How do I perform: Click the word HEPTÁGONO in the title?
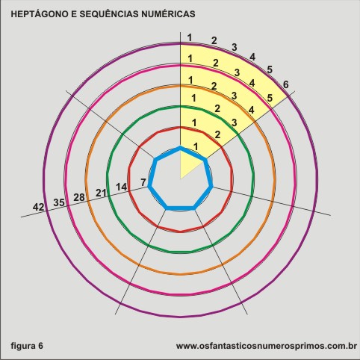pyautogui.click(x=40, y=14)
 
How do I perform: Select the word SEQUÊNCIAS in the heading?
pyautogui.click(x=109, y=14)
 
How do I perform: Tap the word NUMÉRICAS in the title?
pyautogui.click(x=168, y=14)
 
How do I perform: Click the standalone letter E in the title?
pyautogui.click(x=74, y=14)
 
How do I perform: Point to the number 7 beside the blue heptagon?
pyautogui.click(x=143, y=182)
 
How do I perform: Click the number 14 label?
pyautogui.click(x=121, y=187)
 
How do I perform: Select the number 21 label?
pyautogui.click(x=101, y=193)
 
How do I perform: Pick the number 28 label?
pyautogui.click(x=79, y=197)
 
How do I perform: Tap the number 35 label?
pyautogui.click(x=59, y=202)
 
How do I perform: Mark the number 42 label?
pyautogui.click(x=38, y=207)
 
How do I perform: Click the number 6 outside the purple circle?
pyautogui.click(x=286, y=84)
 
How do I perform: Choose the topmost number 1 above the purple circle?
pyautogui.click(x=190, y=38)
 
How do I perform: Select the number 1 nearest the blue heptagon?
pyautogui.click(x=196, y=146)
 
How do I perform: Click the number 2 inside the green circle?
pyautogui.click(x=217, y=134)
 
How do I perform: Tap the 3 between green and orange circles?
pyautogui.click(x=235, y=122)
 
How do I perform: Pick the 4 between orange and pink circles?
pyautogui.click(x=252, y=110)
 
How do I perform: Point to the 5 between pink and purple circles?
pyautogui.click(x=270, y=98)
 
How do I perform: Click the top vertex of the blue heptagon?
pyautogui.click(x=181, y=148)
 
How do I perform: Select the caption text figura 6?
pyautogui.click(x=27, y=346)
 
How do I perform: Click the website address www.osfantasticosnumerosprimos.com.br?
pyautogui.click(x=267, y=346)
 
